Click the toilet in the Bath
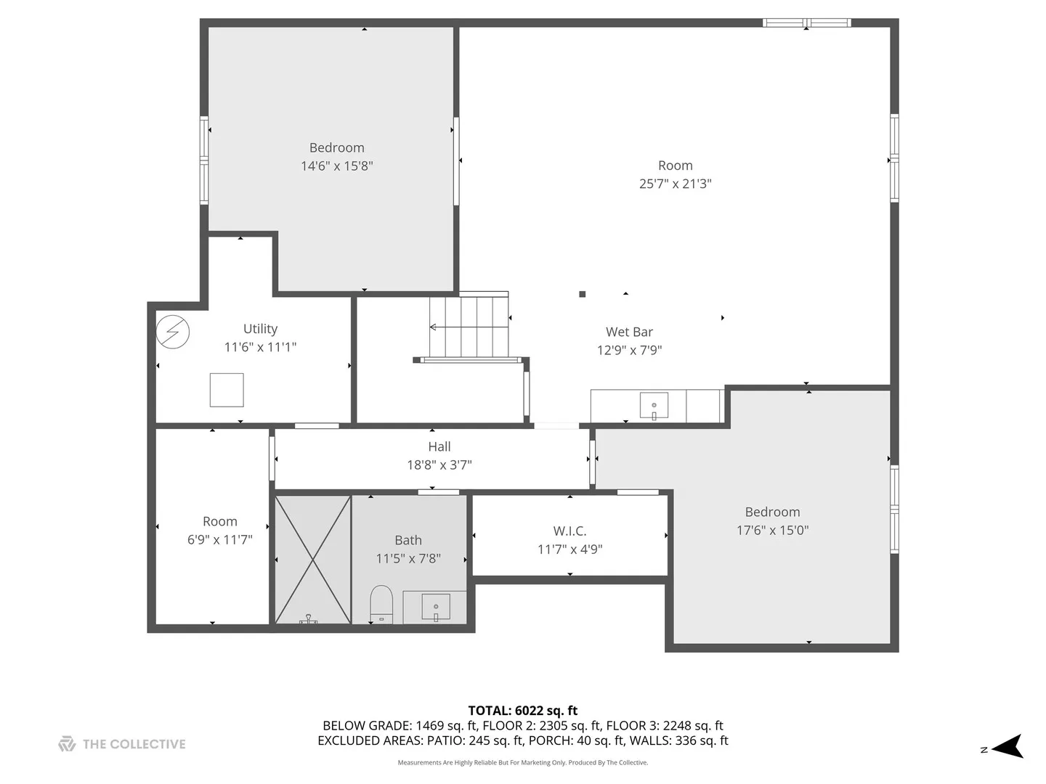coord(381,605)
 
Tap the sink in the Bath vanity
coord(436,608)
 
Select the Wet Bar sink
coord(653,406)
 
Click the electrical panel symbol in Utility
coord(172,332)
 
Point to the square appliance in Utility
coord(227,390)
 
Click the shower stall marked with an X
coord(312,560)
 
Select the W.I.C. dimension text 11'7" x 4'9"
coord(570,550)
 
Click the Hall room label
coord(439,446)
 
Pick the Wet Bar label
coord(629,332)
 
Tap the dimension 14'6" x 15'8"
coord(336,166)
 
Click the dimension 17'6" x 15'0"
coord(772,530)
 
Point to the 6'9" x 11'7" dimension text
coord(219,539)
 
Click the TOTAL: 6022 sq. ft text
coord(523,710)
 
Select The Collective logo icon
coord(68,744)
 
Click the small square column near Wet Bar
coord(582,294)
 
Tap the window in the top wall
coord(806,23)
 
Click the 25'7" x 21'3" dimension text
coord(676,183)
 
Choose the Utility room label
coord(260,328)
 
